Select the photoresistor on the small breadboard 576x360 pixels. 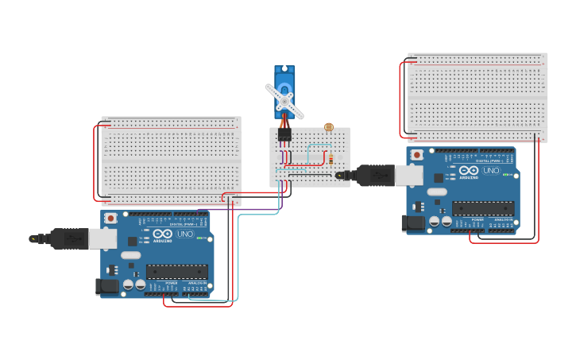329,127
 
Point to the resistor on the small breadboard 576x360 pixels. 331,159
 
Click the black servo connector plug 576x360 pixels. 284,134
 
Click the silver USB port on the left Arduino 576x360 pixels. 102,238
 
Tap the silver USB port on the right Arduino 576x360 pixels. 408,175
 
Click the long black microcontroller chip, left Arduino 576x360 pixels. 176,271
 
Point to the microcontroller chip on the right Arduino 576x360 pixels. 483,208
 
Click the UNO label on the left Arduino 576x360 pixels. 185,234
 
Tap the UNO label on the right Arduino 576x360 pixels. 491,171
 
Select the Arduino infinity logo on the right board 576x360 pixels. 468,171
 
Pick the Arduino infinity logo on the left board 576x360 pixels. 162,234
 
